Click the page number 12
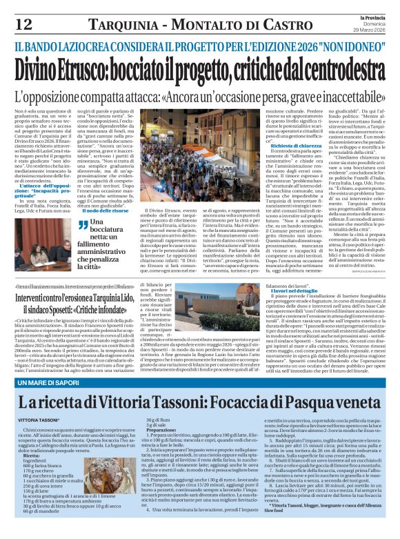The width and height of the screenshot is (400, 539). [x=22, y=24]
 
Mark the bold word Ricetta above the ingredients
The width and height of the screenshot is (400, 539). [x=32, y=455]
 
